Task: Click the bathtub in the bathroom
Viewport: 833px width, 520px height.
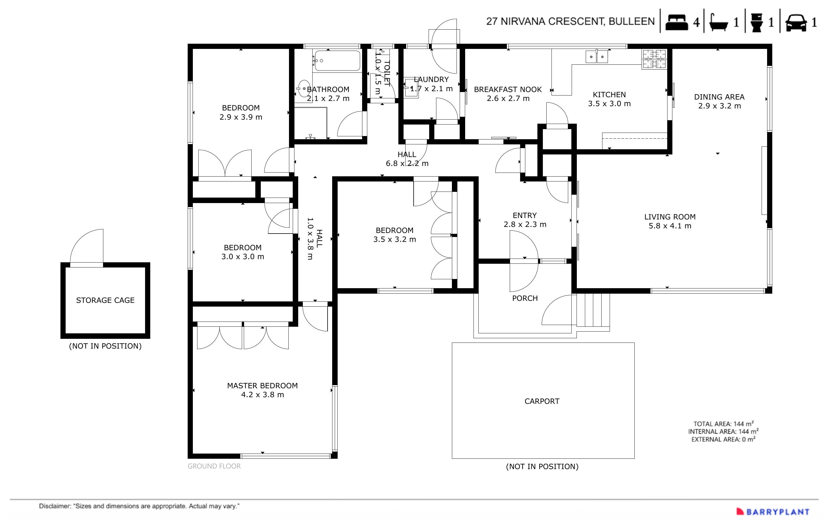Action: [337, 61]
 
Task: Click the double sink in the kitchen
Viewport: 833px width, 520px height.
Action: [597, 57]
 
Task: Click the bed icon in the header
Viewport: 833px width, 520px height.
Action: [676, 22]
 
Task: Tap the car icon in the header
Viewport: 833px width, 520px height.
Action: [796, 22]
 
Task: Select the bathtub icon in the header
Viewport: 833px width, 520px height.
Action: [719, 22]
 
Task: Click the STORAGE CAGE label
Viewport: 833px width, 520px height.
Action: [105, 300]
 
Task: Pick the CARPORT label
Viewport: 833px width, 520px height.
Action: [542, 401]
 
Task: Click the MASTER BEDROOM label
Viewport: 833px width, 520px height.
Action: [262, 385]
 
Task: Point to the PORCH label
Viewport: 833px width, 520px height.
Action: [524, 298]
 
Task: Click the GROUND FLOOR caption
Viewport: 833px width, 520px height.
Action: [214, 466]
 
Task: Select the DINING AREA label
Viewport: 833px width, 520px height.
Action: [719, 97]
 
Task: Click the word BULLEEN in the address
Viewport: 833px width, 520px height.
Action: [632, 21]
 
